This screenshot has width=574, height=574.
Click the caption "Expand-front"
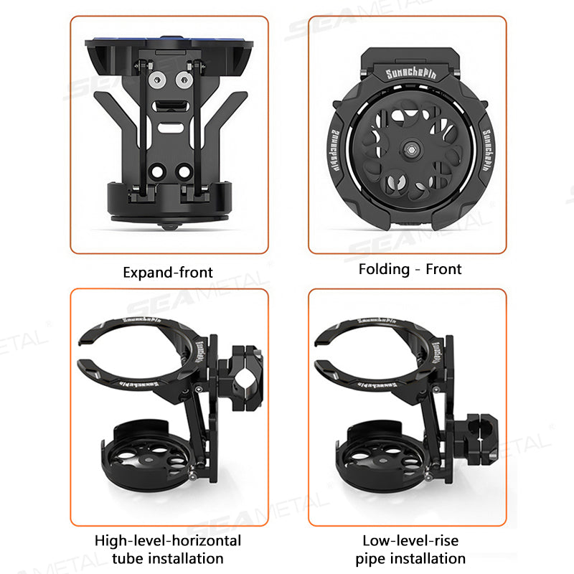(x=168, y=272)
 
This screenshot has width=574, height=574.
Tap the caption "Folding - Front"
(x=410, y=269)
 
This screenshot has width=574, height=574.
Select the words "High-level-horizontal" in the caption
(x=169, y=540)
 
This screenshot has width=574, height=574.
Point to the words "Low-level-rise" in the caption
(x=410, y=540)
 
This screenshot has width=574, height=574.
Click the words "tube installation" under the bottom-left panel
(x=169, y=558)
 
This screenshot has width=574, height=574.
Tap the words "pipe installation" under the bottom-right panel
(x=410, y=558)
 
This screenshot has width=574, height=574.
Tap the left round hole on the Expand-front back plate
(x=155, y=171)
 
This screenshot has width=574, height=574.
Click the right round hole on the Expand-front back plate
(x=184, y=171)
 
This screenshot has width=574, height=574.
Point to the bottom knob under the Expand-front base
(x=169, y=225)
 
